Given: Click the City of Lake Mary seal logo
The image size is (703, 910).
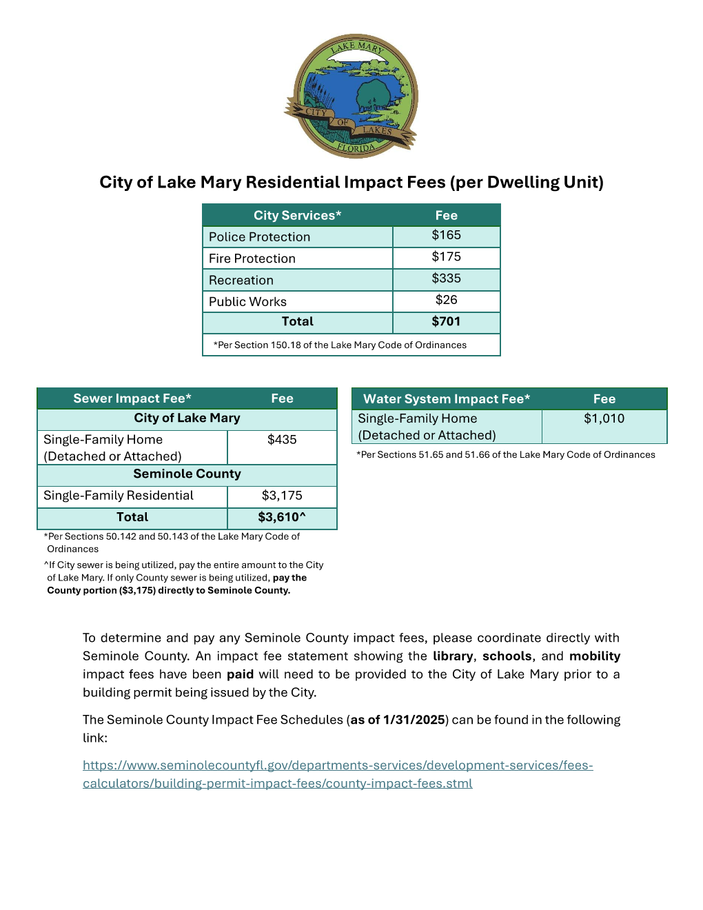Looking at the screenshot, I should coord(351,96).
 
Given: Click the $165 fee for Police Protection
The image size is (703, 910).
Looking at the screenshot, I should coord(446,236).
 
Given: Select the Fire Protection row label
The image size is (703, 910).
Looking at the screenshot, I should coord(252,259).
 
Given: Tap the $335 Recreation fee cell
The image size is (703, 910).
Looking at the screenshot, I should coord(446,279).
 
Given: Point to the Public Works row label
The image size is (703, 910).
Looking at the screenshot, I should coord(247,302).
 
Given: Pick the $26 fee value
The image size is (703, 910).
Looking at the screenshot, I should coord(446,301).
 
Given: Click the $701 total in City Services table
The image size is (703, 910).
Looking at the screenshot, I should coord(446,322).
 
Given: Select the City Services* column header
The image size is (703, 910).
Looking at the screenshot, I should coord(297,215).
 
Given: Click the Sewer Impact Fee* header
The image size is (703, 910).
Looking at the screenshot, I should coord(132,398).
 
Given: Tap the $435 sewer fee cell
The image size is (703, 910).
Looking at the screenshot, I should coord(282,440).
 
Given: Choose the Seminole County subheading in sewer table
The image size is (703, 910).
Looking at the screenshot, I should coord(187,474).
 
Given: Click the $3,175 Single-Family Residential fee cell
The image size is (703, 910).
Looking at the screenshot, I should coord(282,496).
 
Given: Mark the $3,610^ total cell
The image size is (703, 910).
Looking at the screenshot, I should coord(282,518).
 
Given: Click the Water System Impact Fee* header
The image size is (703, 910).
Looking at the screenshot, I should coord(447,399).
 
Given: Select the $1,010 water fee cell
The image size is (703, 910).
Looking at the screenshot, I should coord(604,419).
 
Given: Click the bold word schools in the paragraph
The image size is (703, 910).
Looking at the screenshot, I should coord(507,656).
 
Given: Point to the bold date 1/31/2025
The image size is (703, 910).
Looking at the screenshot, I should coord(414,720).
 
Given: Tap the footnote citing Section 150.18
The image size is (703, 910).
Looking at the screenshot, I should coord(340,345).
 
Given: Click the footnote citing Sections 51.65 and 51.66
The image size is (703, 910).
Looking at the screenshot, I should coord(506,455).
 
